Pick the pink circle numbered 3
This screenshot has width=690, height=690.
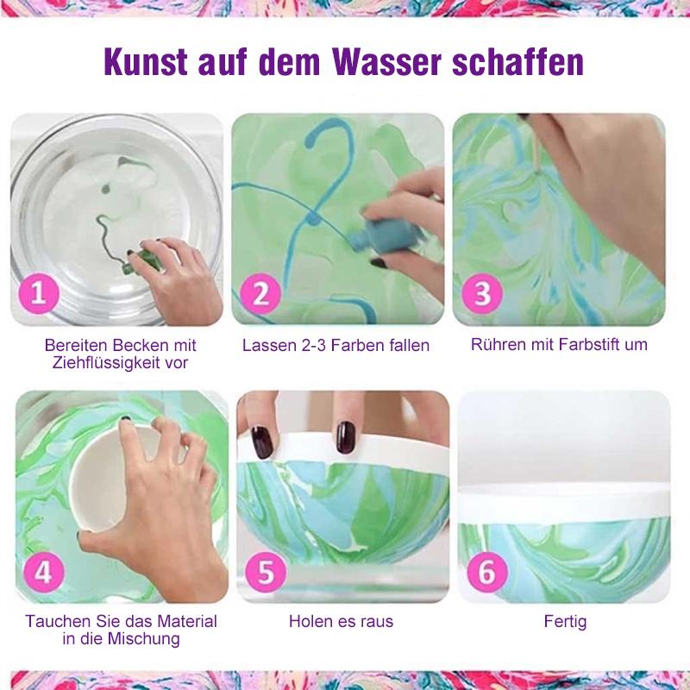point(482,293)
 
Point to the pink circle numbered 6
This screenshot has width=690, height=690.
point(486,573)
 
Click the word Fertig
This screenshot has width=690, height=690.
point(565,621)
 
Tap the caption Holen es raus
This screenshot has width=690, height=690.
point(341,621)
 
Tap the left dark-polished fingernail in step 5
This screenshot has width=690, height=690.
point(261,441)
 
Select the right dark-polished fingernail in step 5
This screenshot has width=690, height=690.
point(346,437)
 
